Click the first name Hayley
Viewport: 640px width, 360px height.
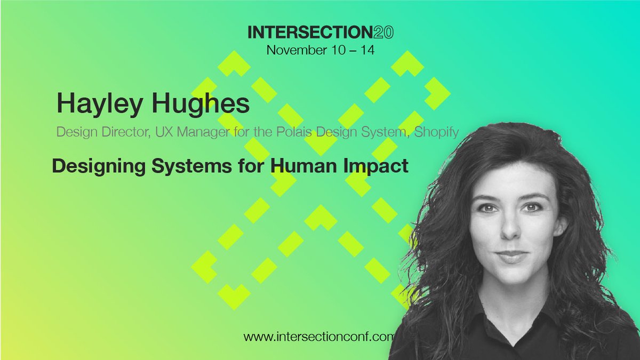[97, 104]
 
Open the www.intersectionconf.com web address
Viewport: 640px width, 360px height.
[318, 337]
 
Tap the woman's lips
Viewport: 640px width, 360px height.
[512, 257]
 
